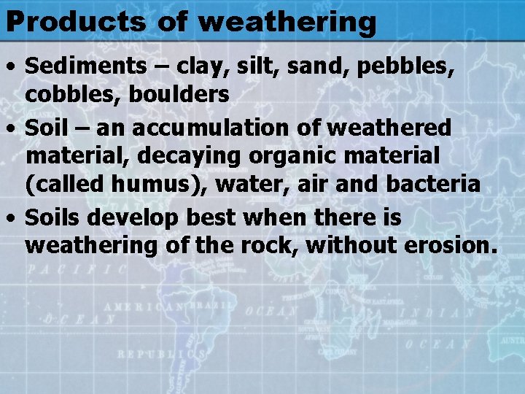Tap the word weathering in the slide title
click(287, 23)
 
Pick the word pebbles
click(408, 66)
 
